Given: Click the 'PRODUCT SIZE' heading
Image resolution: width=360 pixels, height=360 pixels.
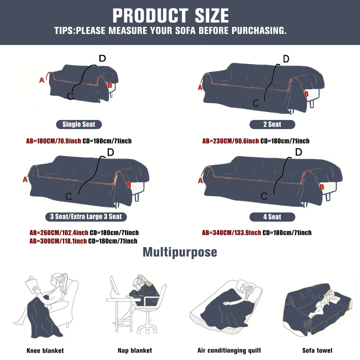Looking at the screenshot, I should (170, 16).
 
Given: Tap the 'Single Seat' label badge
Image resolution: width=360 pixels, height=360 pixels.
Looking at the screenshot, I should (79, 124).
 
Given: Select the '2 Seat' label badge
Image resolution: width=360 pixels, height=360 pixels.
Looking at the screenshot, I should (272, 124).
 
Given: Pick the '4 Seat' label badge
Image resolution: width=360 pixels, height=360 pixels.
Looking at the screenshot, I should (272, 217).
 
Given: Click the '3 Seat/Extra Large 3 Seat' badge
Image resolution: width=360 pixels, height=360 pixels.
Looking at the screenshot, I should (86, 217).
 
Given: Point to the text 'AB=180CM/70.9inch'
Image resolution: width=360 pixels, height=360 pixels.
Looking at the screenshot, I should (53, 141).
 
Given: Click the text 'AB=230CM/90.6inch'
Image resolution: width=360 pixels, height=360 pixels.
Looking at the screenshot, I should (230, 141).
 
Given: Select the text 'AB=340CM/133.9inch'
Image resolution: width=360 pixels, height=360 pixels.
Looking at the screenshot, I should (231, 233).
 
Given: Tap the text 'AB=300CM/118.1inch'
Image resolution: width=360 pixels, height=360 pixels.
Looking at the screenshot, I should (58, 241).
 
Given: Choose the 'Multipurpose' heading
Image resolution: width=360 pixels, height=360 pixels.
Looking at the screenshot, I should (180, 252).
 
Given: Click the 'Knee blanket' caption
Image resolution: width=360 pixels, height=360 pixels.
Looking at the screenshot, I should (45, 350).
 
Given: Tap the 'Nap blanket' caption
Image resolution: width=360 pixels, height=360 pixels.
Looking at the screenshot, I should (135, 350).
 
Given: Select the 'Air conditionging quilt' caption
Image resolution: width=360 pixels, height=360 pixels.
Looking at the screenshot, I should (229, 350).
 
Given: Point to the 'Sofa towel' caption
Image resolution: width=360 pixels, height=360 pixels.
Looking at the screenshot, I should (317, 350).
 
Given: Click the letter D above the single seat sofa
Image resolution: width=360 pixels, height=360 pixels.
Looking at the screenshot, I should (102, 58).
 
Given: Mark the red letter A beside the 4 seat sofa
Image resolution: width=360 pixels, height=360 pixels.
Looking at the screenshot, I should (200, 180).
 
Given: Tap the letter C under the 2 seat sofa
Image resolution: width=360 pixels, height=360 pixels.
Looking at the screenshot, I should (256, 103).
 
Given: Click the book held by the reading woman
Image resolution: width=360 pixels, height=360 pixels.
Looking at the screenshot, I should (32, 285).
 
